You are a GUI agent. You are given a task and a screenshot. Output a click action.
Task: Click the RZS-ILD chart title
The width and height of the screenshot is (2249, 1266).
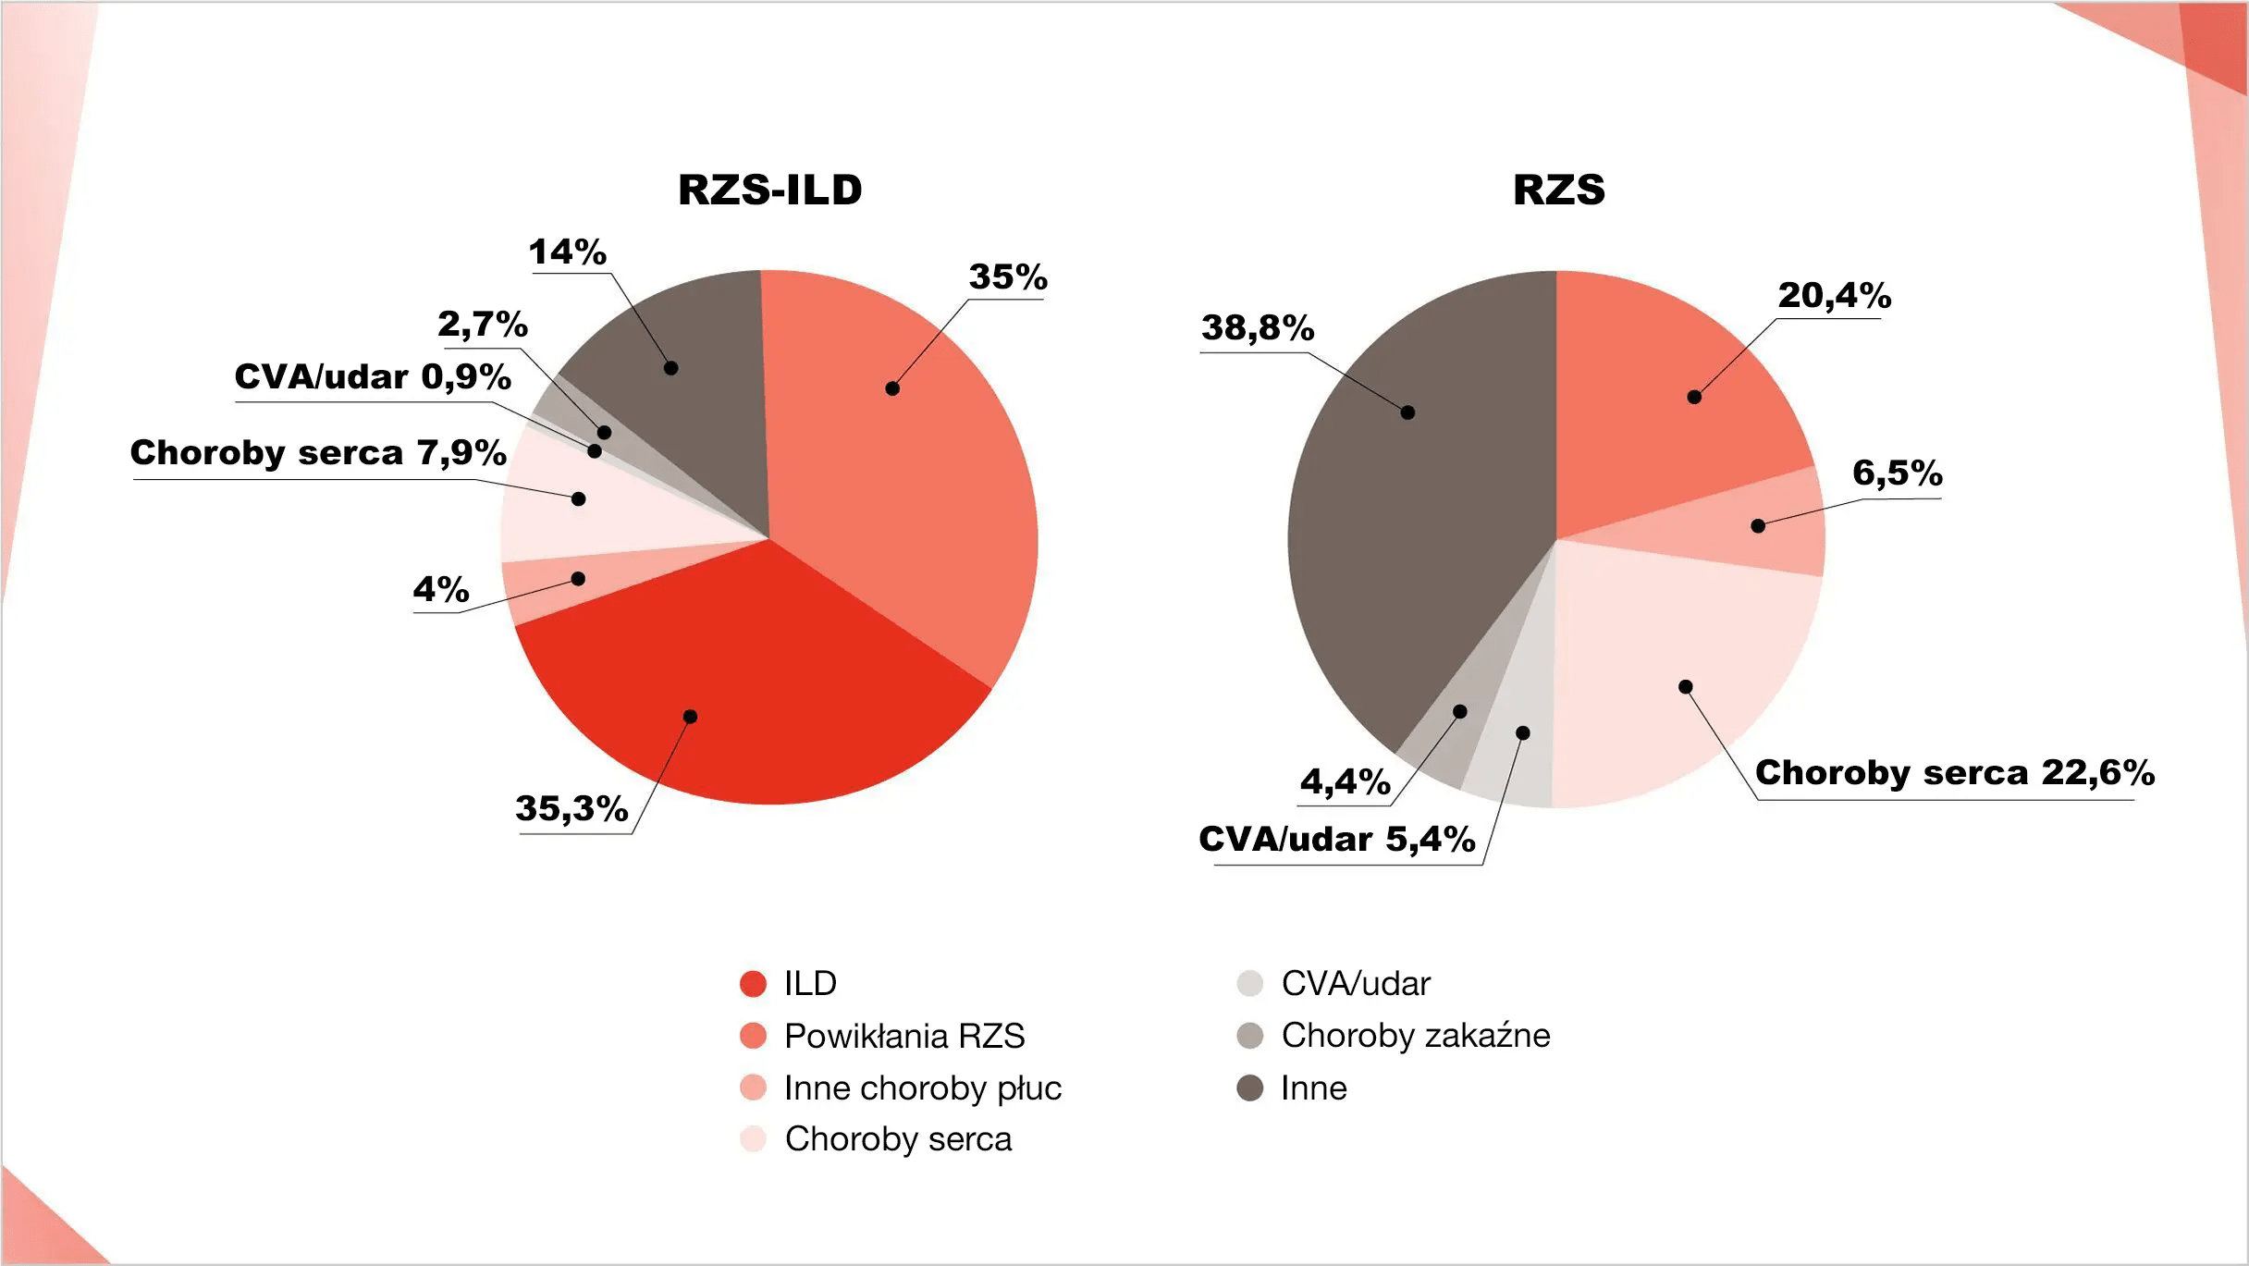point(769,190)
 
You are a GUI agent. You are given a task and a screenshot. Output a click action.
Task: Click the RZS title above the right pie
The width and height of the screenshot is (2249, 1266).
point(1558,190)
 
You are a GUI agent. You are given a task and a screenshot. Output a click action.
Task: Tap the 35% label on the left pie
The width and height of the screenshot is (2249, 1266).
point(1008,277)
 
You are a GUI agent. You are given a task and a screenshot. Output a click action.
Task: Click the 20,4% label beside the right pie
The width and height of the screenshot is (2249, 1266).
point(1835,295)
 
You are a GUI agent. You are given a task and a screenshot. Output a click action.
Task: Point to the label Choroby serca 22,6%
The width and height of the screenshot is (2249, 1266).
point(1955,772)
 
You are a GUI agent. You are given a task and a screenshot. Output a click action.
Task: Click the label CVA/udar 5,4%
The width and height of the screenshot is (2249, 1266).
point(1337,839)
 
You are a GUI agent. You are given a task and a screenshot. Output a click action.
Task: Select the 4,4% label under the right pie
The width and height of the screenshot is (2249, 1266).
point(1346,781)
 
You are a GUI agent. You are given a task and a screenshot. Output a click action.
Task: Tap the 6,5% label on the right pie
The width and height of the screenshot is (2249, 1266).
point(1898,473)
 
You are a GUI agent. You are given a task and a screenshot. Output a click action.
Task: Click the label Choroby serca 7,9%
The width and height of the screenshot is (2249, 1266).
point(318,452)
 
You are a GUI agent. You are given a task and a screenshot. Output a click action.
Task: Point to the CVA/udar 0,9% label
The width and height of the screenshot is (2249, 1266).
point(373,376)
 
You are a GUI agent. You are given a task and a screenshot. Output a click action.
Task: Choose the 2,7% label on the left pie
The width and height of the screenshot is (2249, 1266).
point(483,324)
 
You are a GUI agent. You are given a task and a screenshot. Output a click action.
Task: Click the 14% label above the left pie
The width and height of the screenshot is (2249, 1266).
point(567,252)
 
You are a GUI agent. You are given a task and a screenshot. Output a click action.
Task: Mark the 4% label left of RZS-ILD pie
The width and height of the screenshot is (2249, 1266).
point(440,589)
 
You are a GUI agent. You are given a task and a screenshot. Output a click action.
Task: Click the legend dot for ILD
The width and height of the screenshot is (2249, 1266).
point(754,984)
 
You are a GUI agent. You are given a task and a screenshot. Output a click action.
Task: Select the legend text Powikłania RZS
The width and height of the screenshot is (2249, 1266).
point(904,1036)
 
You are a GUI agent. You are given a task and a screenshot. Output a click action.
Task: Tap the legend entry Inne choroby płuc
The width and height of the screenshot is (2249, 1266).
point(902,1088)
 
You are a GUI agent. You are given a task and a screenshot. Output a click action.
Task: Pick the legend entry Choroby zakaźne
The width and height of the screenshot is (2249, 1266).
point(1394,1036)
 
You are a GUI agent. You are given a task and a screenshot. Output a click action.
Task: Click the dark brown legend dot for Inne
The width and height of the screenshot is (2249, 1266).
point(1250,1088)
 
